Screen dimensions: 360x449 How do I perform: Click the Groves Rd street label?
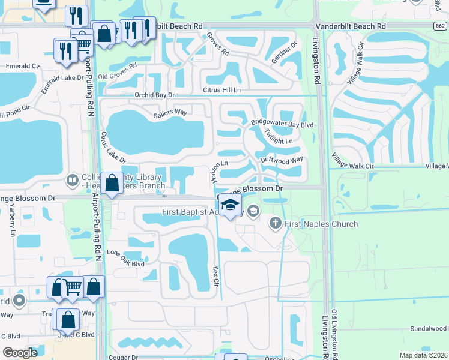click(x=218, y=44)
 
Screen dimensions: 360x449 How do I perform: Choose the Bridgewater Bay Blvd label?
click(x=282, y=124)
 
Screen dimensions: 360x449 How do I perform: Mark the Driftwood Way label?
click(x=282, y=161)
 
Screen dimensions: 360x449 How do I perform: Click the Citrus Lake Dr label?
click(x=113, y=148)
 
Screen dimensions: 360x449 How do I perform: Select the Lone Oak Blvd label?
click(x=126, y=259)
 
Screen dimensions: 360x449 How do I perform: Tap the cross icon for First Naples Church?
click(x=276, y=224)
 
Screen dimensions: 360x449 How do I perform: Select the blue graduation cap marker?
click(x=229, y=205)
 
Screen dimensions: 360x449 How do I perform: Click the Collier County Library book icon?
click(x=73, y=180)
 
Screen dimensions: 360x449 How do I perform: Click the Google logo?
click(x=20, y=353)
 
